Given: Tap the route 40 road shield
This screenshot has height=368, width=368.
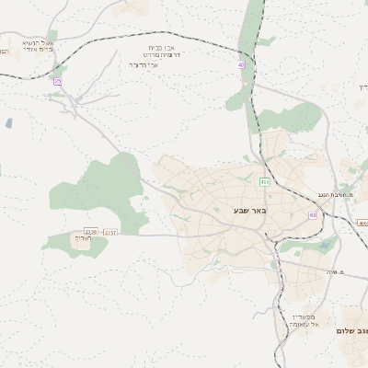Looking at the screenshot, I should pyautogui.click(x=242, y=64).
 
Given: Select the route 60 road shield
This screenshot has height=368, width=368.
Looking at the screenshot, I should pyautogui.click(x=313, y=215).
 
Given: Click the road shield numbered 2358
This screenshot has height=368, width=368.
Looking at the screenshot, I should pyautogui.click(x=90, y=232).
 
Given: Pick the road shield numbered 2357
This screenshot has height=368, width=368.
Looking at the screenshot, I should pyautogui.click(x=110, y=232).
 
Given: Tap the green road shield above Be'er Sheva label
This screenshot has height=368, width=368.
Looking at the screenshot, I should pyautogui.click(x=264, y=182).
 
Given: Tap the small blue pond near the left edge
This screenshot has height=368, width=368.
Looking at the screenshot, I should pyautogui.click(x=8, y=122).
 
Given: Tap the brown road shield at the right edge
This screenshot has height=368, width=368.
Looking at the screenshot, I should pyautogui.click(x=362, y=224).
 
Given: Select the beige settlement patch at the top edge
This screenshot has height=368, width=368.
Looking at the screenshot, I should pyautogui.click(x=132, y=7).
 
